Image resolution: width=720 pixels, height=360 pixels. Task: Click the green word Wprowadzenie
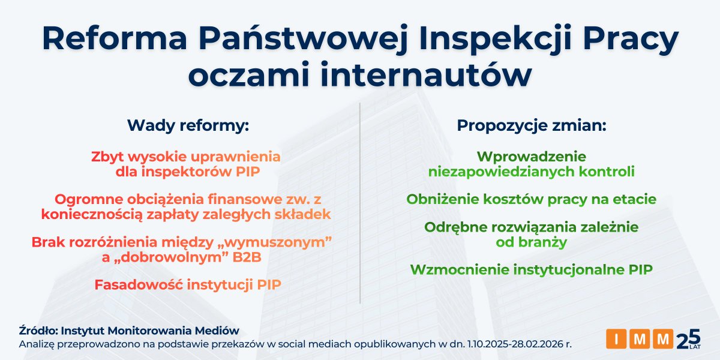click(531, 157)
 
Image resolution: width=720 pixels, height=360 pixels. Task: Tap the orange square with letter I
click(616, 339)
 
